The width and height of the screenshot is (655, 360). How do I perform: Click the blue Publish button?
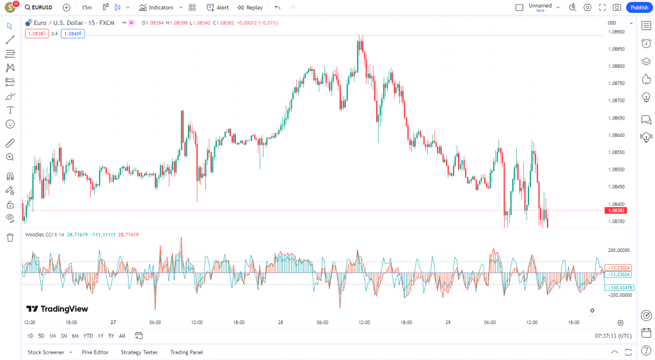coord(638,8)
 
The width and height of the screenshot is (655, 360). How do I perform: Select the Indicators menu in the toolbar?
coord(156,8)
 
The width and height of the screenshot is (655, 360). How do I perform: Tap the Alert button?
coord(217,8)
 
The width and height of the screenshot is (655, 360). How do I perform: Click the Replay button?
coord(249,8)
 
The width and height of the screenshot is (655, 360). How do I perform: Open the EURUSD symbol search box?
coord(40,8)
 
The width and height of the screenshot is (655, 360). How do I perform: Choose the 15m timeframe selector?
coord(86,8)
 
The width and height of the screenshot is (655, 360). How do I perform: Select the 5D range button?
coord(41,336)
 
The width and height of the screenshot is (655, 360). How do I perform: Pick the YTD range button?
coord(88,336)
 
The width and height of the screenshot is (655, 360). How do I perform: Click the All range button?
coord(122,336)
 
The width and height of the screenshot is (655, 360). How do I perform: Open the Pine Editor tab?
coord(95,352)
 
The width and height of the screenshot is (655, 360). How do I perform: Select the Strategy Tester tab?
coord(139,352)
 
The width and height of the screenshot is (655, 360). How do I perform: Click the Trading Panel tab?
coord(186,352)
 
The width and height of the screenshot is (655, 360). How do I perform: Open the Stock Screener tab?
coord(45,352)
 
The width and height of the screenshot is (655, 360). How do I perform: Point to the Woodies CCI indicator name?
coord(40,235)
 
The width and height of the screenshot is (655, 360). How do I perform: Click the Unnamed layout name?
coord(540,6)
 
